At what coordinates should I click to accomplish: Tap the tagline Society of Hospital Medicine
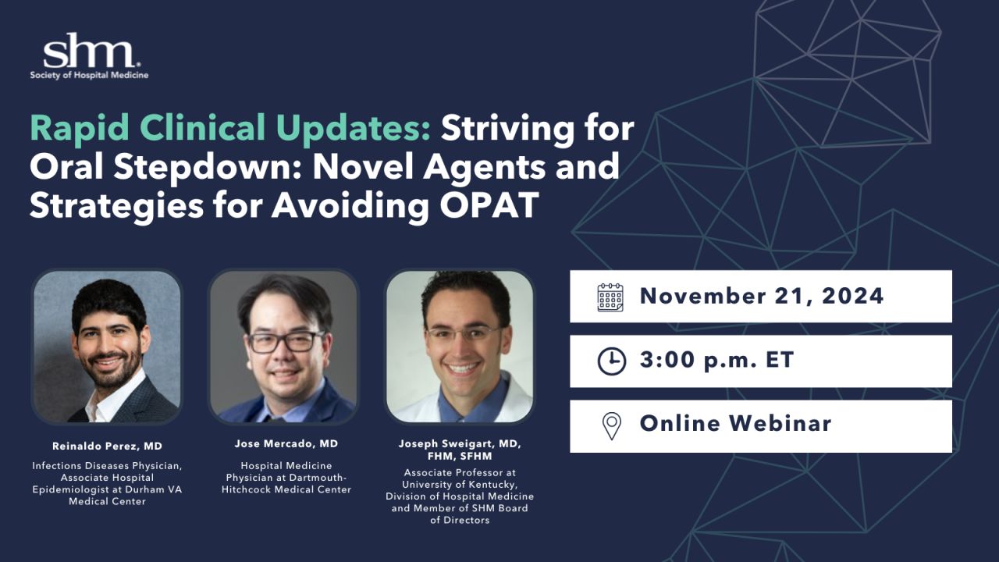(89, 76)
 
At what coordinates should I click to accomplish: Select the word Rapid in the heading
(80, 129)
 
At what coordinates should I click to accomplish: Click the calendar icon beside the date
(610, 297)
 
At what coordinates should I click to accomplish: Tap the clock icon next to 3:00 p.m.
(611, 361)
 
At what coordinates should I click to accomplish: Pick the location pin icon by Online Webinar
(611, 426)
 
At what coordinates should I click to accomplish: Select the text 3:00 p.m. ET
(716, 360)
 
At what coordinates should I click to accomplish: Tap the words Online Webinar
(736, 423)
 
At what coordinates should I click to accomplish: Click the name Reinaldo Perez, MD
(107, 446)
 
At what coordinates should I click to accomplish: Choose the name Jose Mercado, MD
(286, 444)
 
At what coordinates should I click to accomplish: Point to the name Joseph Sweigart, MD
(460, 444)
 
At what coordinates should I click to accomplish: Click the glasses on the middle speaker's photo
(286, 342)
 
